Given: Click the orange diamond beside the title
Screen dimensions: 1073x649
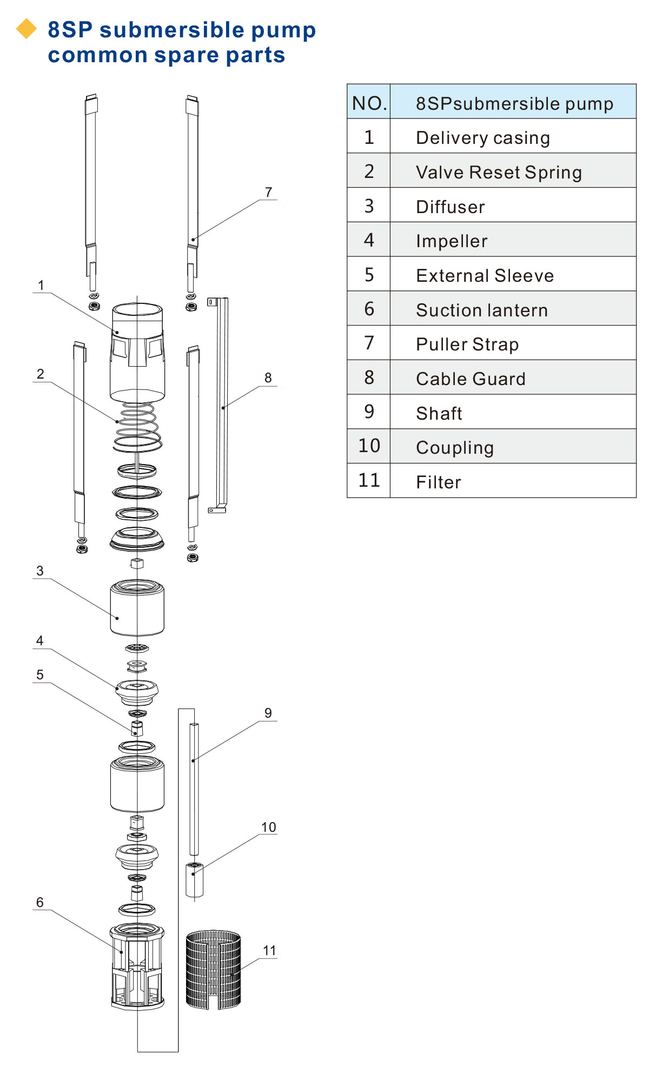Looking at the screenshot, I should pyautogui.click(x=27, y=29).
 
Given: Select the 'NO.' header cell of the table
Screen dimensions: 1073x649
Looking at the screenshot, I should pyautogui.click(x=369, y=103).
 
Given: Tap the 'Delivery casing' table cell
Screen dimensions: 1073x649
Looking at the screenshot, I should pyautogui.click(x=482, y=137).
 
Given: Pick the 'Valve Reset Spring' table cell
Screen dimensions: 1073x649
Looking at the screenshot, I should pyautogui.click(x=499, y=172).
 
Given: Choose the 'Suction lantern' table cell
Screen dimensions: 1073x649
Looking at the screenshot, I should pyautogui.click(x=481, y=310).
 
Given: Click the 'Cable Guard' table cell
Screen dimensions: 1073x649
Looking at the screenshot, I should pyautogui.click(x=471, y=379).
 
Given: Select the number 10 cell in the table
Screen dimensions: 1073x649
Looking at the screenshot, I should pyautogui.click(x=369, y=446).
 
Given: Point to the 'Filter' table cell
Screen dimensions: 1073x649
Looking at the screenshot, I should pyautogui.click(x=438, y=482).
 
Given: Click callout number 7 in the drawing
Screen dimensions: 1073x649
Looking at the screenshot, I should pyautogui.click(x=269, y=193).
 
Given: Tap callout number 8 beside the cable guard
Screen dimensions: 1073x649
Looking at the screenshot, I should pyautogui.click(x=268, y=378).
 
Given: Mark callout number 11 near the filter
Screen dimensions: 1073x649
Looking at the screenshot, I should pyautogui.click(x=269, y=951).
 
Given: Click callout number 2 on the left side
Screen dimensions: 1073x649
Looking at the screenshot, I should pyautogui.click(x=41, y=374).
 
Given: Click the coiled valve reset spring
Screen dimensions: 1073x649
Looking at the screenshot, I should pyautogui.click(x=137, y=427).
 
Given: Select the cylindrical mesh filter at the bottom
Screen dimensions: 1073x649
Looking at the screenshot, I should pyautogui.click(x=213, y=969).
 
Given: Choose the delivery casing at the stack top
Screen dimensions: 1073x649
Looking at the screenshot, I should pyautogui.click(x=137, y=352).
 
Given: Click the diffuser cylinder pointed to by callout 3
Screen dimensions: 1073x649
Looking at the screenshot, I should pyautogui.click(x=137, y=607).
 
